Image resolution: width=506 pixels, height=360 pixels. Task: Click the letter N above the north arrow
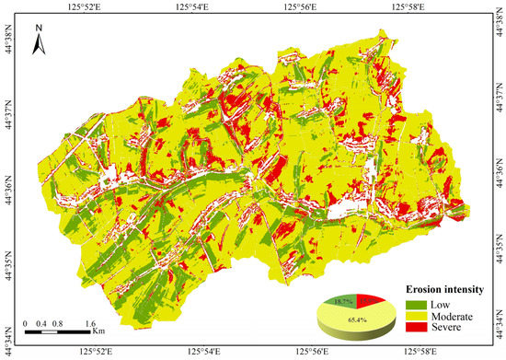coord(40,29)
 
